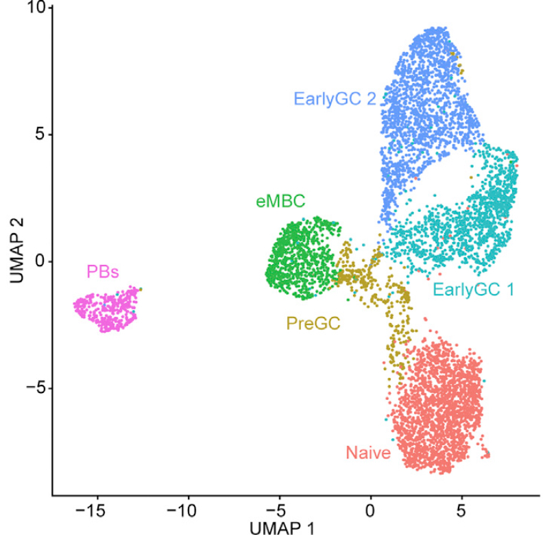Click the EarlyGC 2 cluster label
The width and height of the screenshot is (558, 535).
pos(335,98)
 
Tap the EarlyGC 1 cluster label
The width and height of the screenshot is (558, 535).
pos(473,289)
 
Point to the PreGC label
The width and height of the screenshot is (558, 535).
pos(313,323)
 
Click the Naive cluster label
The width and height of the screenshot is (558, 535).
pos(368,453)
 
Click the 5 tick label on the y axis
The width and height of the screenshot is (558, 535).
pos(40,134)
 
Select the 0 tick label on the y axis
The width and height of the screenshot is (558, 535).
pos(40,261)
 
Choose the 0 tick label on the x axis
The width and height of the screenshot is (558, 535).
pos(371,510)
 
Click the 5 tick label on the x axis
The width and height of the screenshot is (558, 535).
pos(462,510)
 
